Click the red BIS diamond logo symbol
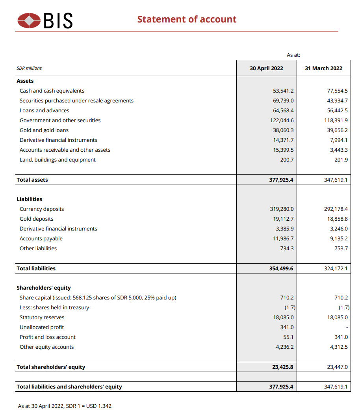coord(29,20)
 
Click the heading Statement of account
coord(187,19)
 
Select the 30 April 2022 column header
coord(266,68)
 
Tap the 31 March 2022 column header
coord(323,68)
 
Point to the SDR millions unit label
coord(29,68)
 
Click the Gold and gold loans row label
coord(44,130)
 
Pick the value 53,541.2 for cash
coord(283,91)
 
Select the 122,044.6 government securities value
coord(280,120)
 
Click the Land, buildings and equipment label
coord(58,160)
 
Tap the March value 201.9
coord(341,160)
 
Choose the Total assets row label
coord(32,180)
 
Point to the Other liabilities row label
coord(38,248)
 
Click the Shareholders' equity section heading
coord(44,288)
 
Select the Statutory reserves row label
coord(42,317)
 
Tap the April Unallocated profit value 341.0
coord(287,327)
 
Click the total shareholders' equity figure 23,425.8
coord(283,367)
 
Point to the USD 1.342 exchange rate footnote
coord(65,405)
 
